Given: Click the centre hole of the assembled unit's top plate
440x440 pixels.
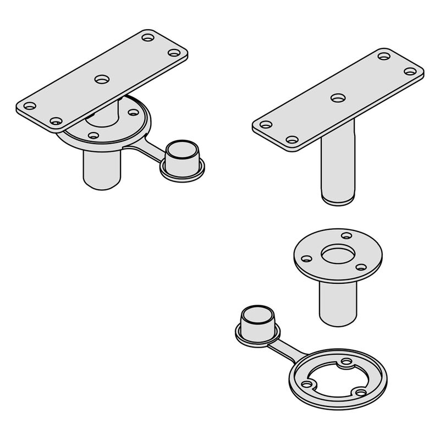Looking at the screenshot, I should pyautogui.click(x=101, y=79).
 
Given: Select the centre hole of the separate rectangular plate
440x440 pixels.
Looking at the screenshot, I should pyautogui.click(x=338, y=98).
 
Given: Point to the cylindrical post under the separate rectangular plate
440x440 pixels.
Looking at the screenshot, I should pyautogui.click(x=338, y=168).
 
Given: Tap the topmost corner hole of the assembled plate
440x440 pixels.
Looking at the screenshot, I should pyautogui.click(x=147, y=38).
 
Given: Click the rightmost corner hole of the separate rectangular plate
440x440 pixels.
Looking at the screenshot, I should pyautogui.click(x=410, y=71).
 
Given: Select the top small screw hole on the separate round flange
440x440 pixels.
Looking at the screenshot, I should pyautogui.click(x=346, y=236).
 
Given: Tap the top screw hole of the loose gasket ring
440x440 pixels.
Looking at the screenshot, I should pyautogui.click(x=346, y=362).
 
